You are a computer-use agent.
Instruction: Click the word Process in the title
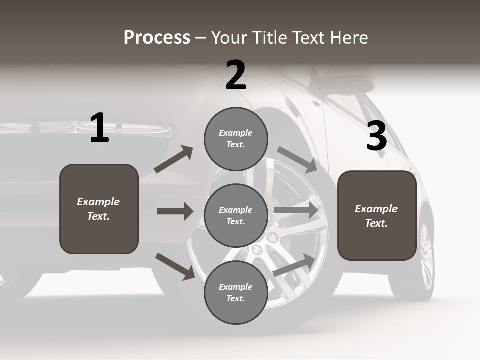point(157,38)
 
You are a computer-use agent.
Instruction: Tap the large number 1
point(99,128)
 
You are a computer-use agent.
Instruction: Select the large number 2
point(236,75)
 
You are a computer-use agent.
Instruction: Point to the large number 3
point(376,136)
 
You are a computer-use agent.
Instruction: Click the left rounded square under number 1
point(99,209)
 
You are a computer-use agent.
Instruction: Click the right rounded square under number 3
point(377,215)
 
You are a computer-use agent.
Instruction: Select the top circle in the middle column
point(236,139)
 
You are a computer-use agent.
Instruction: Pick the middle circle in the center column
point(236,215)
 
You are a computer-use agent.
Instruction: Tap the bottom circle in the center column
point(236,293)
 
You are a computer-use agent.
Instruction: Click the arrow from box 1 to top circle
point(173,159)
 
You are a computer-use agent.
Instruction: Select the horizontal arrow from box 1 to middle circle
point(175,211)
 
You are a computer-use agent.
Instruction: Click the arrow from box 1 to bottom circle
point(175,266)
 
